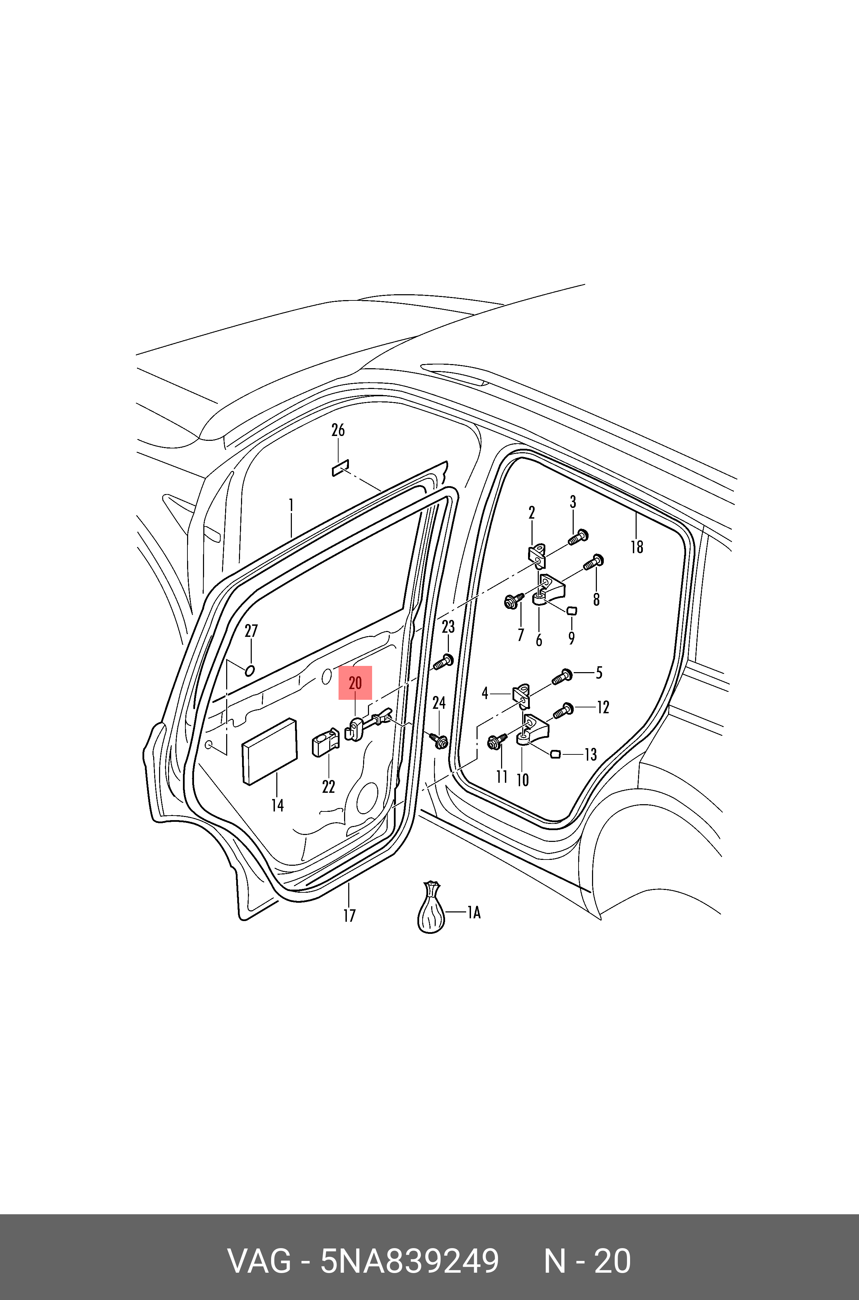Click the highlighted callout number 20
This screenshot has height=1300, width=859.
click(355, 683)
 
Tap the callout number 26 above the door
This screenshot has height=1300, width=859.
click(338, 430)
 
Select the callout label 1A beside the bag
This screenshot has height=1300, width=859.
click(474, 912)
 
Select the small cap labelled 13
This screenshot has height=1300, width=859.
click(554, 755)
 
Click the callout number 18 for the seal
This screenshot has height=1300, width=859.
click(637, 547)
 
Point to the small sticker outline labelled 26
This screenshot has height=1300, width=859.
click(340, 468)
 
